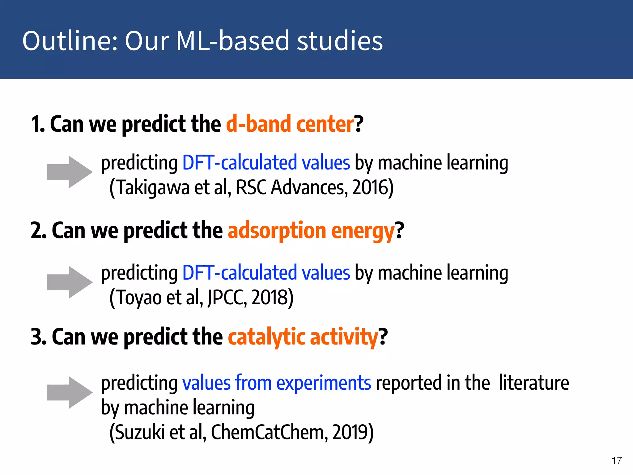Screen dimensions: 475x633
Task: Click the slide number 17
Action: tap(617, 460)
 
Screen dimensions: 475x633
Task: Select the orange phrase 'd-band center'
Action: tap(290, 124)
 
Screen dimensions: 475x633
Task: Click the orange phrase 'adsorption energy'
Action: tap(311, 231)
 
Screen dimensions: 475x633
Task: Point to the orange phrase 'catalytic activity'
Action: tap(303, 337)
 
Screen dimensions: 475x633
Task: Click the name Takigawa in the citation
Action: tap(153, 187)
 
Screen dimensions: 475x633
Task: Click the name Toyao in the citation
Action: tap(139, 297)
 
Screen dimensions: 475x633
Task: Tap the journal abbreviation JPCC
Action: tap(227, 297)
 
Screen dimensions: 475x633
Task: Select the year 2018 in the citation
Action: tap(270, 297)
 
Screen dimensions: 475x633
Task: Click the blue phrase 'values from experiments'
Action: tap(276, 383)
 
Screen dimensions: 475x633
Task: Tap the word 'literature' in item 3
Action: tap(533, 383)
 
